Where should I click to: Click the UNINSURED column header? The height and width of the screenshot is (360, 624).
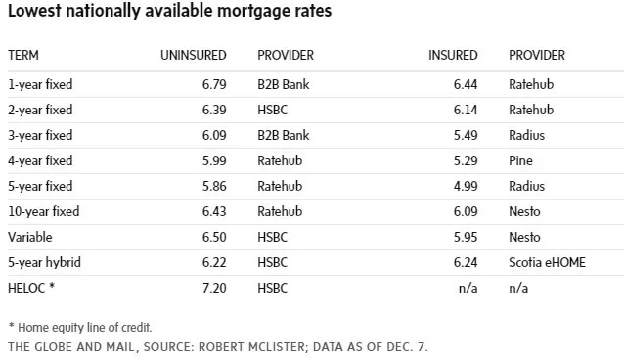(x=194, y=55)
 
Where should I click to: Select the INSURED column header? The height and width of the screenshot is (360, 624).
(x=453, y=55)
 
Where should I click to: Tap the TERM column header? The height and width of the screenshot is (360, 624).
(x=23, y=55)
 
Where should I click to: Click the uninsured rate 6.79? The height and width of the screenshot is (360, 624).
(x=214, y=84)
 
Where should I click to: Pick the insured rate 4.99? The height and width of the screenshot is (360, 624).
(x=466, y=186)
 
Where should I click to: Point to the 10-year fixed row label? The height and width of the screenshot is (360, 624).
(x=44, y=211)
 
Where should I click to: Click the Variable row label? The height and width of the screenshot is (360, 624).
(x=30, y=237)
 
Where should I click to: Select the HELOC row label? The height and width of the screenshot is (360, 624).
(x=31, y=288)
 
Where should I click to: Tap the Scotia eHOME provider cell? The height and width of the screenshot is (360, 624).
(x=547, y=262)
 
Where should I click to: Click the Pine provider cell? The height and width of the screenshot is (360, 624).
(x=520, y=160)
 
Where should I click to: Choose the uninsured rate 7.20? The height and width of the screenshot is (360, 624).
(x=214, y=288)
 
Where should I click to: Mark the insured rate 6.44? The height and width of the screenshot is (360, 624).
(x=466, y=84)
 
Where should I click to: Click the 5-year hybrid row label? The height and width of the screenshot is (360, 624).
(x=45, y=262)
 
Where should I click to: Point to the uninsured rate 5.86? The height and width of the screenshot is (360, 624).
(x=214, y=186)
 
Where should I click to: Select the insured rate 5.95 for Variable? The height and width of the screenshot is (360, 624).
(x=466, y=237)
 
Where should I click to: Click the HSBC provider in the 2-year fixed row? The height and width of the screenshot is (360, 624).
(x=272, y=110)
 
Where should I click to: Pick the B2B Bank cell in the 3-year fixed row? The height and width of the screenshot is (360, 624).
(x=284, y=135)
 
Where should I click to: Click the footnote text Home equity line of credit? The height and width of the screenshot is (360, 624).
(x=85, y=328)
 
